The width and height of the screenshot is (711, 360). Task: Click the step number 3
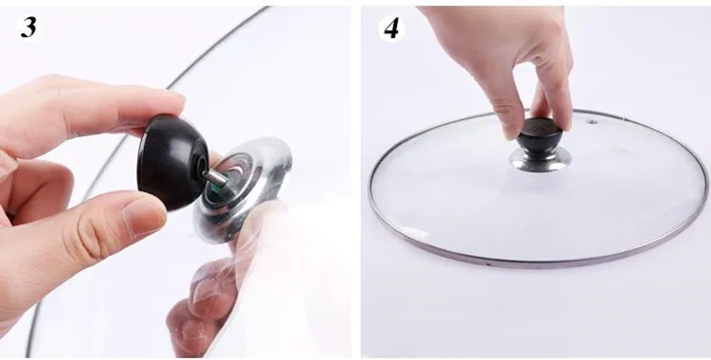[28, 27]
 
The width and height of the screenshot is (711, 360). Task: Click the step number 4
[392, 28]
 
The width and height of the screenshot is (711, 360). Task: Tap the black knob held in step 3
[173, 162]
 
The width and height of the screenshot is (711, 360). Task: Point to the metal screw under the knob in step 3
[216, 178]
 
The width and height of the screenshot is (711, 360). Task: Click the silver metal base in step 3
[243, 189]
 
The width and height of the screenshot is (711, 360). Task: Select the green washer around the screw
[227, 180]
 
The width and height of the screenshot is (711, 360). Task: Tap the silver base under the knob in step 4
[540, 159]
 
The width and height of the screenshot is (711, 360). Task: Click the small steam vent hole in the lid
[591, 121]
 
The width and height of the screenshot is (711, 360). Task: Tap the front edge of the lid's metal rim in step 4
[535, 263]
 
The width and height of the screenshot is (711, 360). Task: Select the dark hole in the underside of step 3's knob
[199, 164]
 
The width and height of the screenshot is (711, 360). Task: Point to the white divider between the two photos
[355, 181]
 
